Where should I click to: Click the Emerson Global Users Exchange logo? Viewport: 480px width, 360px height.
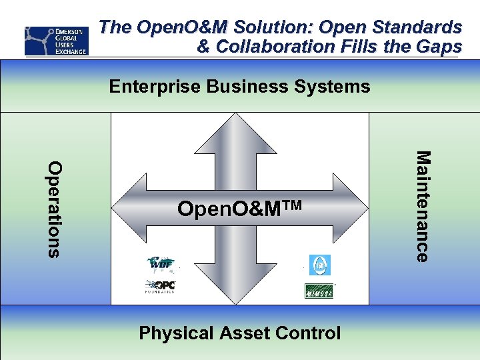coord(56,41)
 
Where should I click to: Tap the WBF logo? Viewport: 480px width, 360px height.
coord(161,265)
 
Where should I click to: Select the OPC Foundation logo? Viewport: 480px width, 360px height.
coord(161,287)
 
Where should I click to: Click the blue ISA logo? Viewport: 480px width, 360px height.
coord(319,265)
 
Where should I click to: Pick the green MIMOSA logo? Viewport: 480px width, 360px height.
coord(319,291)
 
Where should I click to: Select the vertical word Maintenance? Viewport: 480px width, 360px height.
coord(423,206)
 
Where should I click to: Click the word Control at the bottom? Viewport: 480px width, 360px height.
coord(305,333)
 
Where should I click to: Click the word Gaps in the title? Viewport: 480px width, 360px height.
coord(440,47)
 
